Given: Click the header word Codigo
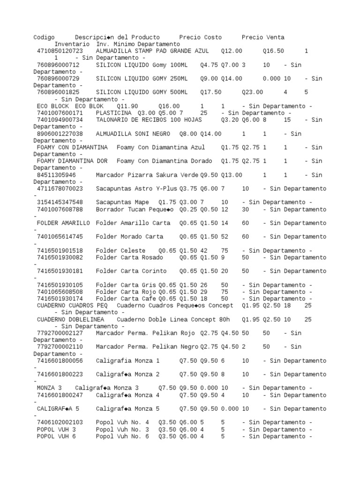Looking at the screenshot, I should tap(44, 37).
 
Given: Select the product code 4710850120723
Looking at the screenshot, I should tap(60, 51).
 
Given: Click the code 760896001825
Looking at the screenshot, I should tap(58, 92).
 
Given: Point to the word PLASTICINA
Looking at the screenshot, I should tap(113, 113).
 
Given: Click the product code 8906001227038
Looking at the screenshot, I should tap(60, 134).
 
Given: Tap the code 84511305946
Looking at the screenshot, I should tap(56, 175).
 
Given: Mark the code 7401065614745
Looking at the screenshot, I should tap(60, 237).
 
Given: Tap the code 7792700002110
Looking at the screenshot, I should tap(60, 347).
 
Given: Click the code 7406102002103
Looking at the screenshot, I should tap(60, 422).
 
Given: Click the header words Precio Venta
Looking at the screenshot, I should tap(263, 37).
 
